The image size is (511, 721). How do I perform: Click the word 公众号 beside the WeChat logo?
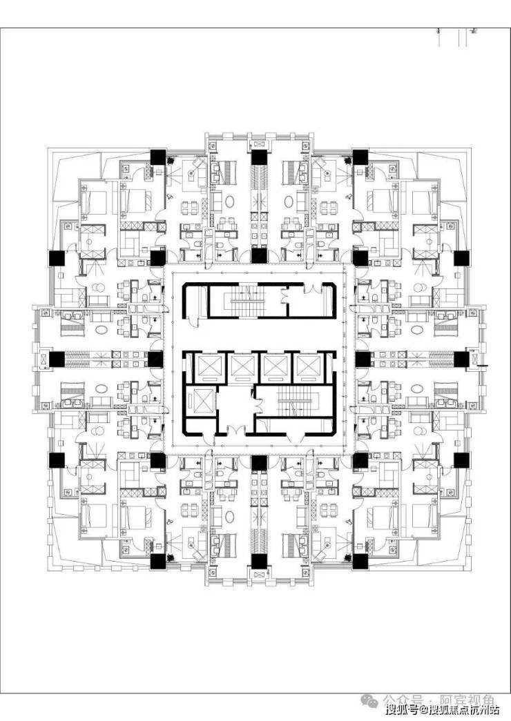coord(400,699)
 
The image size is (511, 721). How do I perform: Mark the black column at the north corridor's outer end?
coord(258,157)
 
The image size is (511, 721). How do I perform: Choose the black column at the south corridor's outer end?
coord(258,561)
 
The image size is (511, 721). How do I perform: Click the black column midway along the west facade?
coord(57,359)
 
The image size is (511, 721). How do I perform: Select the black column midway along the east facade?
coord(461,359)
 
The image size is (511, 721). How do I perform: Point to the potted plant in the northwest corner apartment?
coord(170,161)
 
